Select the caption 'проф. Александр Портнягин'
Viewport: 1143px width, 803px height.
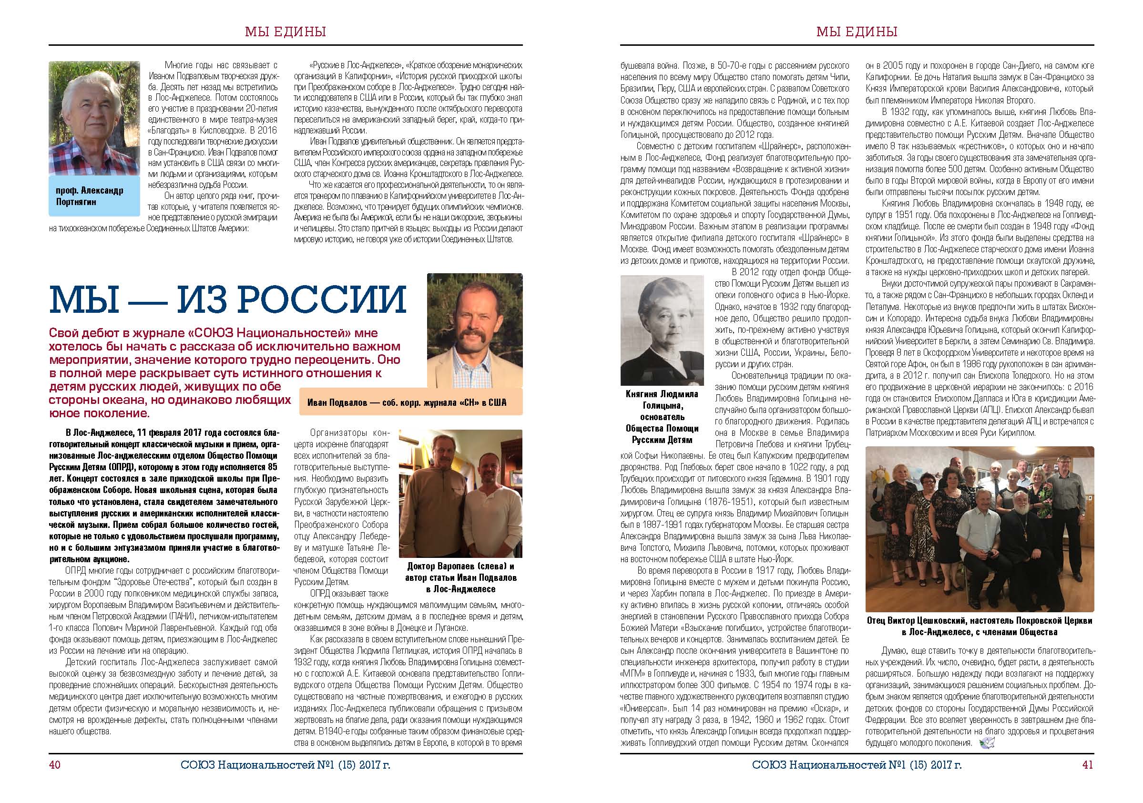tap(90, 196)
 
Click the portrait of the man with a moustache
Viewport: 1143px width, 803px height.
tap(474, 330)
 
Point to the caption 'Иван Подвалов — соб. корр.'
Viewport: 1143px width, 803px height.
tap(406, 402)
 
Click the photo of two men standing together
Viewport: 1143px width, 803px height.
tap(460, 493)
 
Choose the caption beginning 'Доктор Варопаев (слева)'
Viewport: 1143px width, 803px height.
tap(460, 577)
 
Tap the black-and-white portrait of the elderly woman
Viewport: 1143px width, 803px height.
tap(662, 330)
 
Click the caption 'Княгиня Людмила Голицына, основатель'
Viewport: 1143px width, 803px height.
tap(662, 417)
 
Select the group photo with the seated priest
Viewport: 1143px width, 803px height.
tap(980, 529)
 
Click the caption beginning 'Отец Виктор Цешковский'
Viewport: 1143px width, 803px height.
tap(980, 626)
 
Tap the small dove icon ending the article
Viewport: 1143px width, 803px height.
tap(985, 744)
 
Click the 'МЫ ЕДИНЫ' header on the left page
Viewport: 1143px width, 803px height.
tap(286, 32)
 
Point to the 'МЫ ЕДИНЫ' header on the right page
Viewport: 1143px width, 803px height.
tap(857, 32)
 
